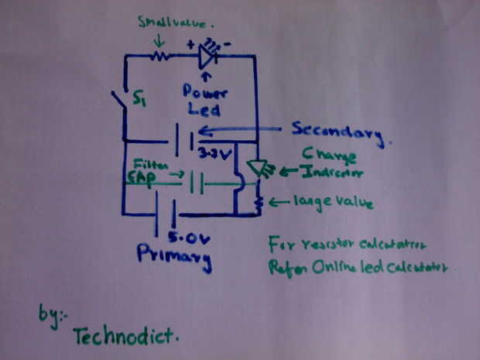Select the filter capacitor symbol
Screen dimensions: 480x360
pos(197,183)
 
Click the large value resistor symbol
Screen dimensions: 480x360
pos(257,203)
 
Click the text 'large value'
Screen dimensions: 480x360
pos(333,203)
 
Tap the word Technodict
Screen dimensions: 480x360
pos(125,335)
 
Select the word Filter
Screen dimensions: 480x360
pos(146,165)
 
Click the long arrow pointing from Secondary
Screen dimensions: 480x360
pos(240,129)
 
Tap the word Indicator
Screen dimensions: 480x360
pos(321,172)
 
